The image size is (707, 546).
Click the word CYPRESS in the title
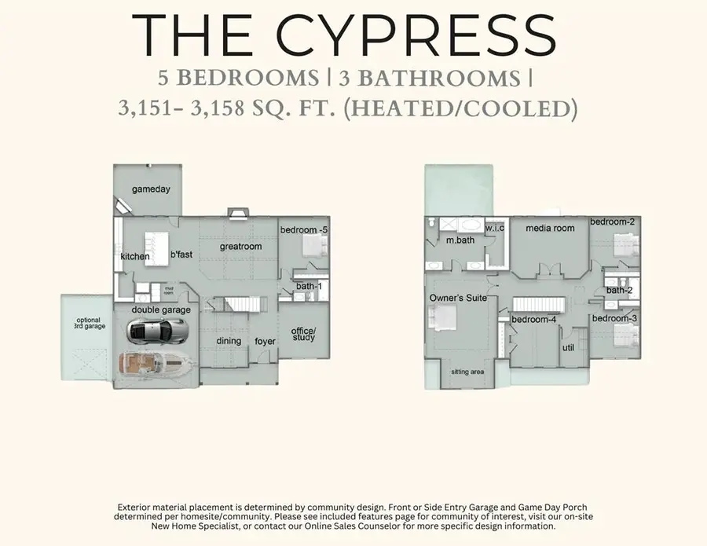coord(415,35)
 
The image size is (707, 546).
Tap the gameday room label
coord(151,189)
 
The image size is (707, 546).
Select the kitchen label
coord(135,256)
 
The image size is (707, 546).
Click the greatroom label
coord(241,247)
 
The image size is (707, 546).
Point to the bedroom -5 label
coord(304,230)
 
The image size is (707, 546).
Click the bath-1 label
coord(309,286)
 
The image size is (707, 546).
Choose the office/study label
coord(303,334)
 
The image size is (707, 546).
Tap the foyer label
coord(266,341)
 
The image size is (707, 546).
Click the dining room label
coord(229,341)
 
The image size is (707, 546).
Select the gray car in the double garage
coord(157,331)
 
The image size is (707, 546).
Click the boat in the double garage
coord(156,364)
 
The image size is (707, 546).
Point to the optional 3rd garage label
coord(90,323)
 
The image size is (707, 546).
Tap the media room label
coord(550,228)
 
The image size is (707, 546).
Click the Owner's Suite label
coord(458,298)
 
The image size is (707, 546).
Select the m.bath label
coord(460,240)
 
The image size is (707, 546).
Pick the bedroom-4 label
coord(534,319)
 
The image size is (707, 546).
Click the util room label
coord(568,347)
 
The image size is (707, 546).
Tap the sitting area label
coord(467,372)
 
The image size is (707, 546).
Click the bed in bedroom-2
coord(627,245)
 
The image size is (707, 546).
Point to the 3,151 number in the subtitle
coord(145,108)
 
